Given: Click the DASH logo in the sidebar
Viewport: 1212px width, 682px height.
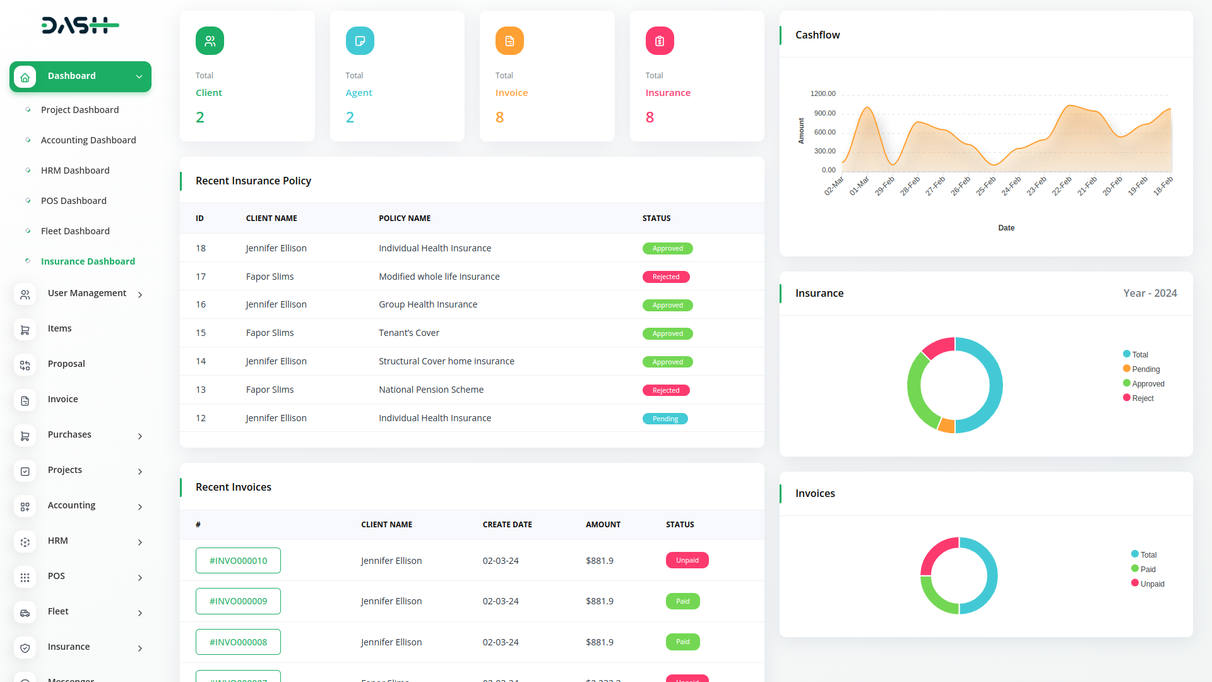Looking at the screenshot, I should (80, 25).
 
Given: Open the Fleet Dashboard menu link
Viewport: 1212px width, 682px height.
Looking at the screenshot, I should (75, 231).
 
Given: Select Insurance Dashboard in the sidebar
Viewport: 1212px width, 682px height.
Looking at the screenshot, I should (88, 261).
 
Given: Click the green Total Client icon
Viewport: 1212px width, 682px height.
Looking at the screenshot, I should (210, 41).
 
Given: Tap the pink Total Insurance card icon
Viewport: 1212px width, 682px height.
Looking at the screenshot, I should (660, 41).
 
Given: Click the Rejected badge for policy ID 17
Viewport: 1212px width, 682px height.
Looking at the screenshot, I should (666, 277).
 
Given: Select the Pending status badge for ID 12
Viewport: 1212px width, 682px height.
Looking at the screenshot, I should (665, 419).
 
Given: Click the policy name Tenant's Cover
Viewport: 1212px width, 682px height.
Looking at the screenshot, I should (408, 333).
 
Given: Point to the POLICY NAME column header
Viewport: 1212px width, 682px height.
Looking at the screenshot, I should (405, 218).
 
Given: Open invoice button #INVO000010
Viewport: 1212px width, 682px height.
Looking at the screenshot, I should (238, 561).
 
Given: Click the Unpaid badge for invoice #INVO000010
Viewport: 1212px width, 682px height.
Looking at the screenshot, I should (687, 561).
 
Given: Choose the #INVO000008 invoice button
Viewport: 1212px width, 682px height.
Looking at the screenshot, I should (238, 642).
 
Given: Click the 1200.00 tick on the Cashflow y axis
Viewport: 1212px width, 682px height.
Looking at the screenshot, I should (823, 93).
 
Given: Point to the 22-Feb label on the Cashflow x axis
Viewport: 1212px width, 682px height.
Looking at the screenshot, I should (1062, 186).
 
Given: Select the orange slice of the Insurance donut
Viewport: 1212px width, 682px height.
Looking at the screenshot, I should (946, 425).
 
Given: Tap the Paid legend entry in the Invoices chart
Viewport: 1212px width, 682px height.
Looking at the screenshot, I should (1147, 570).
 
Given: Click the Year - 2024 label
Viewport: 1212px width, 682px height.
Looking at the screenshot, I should (1150, 293).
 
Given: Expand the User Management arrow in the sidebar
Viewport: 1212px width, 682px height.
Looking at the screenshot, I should (140, 295).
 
